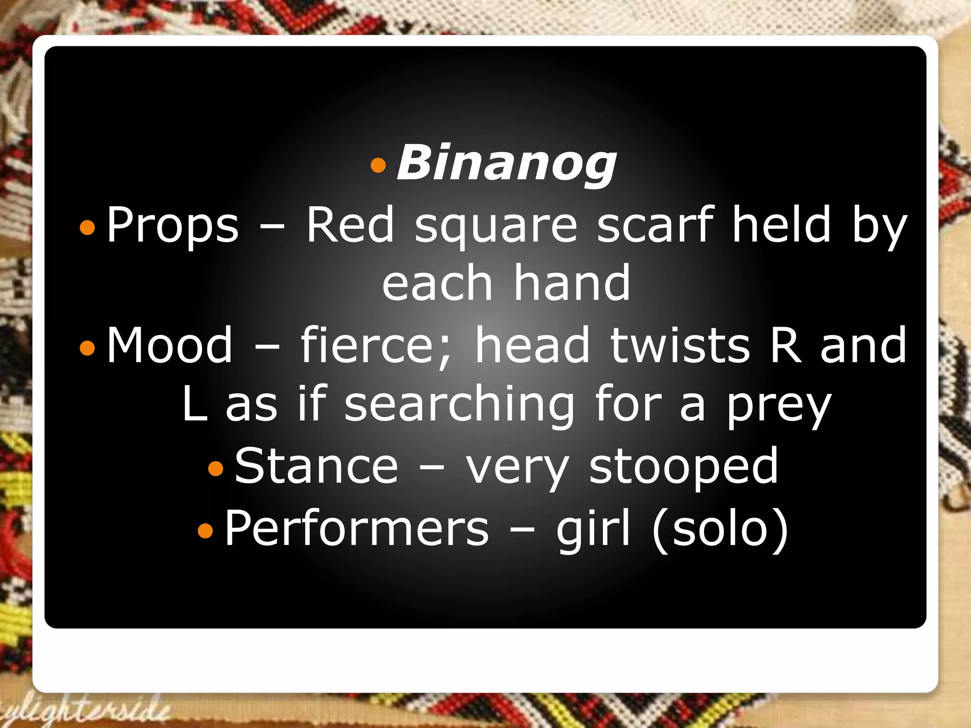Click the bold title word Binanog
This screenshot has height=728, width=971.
(x=506, y=164)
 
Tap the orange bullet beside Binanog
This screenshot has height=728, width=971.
(x=378, y=165)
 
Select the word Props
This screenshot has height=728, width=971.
(x=173, y=225)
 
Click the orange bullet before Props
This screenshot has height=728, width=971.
(x=88, y=227)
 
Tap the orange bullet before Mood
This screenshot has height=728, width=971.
(x=88, y=348)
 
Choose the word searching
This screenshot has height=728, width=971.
(x=459, y=406)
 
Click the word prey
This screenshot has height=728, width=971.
(x=779, y=408)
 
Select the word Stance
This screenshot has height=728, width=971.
(x=316, y=466)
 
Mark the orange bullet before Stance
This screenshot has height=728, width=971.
(x=216, y=469)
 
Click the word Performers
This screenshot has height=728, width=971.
(x=356, y=528)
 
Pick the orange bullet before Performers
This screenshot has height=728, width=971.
(x=205, y=530)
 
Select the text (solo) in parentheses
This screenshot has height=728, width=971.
(x=720, y=529)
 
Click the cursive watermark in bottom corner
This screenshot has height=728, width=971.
(x=85, y=710)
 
